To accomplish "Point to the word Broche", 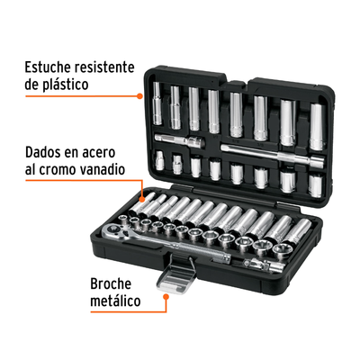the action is click(x=111, y=283).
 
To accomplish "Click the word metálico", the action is click(x=115, y=301).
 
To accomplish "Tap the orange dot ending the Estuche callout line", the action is click(x=139, y=96).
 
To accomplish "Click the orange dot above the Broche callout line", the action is click(x=166, y=296).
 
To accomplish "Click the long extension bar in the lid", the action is click(x=273, y=154).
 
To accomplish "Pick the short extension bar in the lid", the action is click(x=180, y=140).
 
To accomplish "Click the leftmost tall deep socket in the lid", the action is click(x=157, y=103).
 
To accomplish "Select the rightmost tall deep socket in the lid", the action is click(x=318, y=127).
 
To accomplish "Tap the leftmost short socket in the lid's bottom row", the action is click(x=159, y=160).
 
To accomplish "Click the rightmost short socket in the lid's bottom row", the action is click(x=315, y=186).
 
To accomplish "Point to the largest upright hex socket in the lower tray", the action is click(x=281, y=251).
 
